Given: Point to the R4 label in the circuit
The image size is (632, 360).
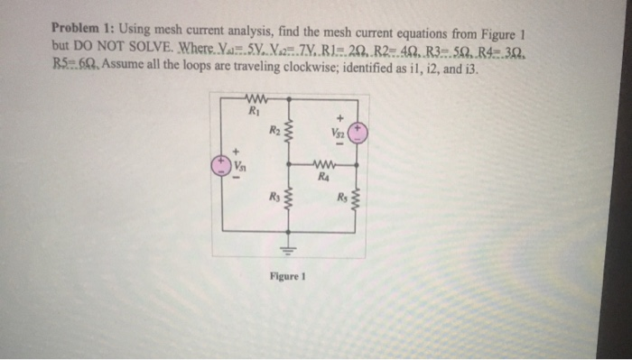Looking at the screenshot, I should [321, 176].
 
